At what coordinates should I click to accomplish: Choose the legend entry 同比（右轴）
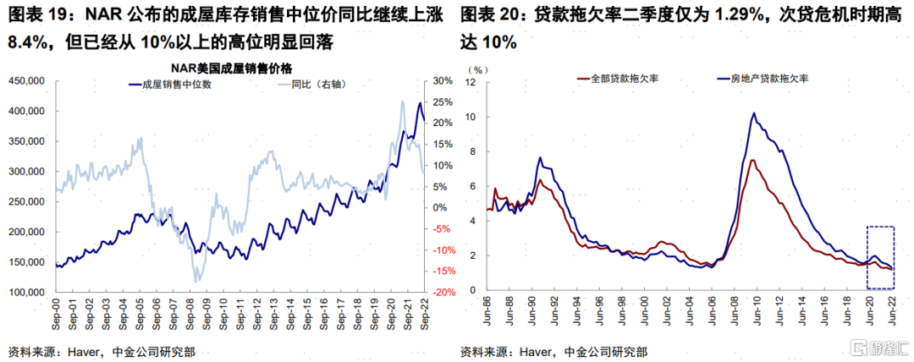320,85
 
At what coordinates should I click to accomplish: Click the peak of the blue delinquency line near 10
753,113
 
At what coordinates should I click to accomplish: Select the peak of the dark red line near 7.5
752,160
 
